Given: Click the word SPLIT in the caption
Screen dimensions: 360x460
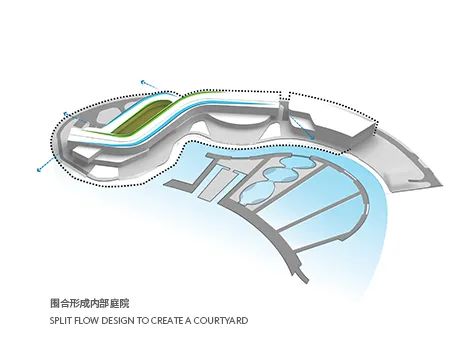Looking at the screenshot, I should (60, 321).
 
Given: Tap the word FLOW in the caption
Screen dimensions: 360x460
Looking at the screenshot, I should (86, 321).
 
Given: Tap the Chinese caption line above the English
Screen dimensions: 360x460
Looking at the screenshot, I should (89, 301).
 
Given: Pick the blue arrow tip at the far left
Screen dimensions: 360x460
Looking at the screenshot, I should (44, 159).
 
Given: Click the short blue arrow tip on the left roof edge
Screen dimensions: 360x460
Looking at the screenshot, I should (66, 114).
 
